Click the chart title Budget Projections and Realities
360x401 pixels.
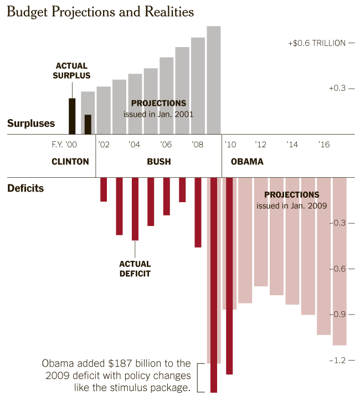pyautogui.click(x=100, y=12)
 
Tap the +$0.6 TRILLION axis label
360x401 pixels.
pyautogui.click(x=316, y=43)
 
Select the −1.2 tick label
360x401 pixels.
pyautogui.click(x=337, y=360)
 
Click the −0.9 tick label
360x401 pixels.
pyautogui.click(x=337, y=315)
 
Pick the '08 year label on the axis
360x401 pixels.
pyautogui.click(x=198, y=145)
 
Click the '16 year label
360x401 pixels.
pyautogui.click(x=324, y=145)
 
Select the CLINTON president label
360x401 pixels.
pyautogui.click(x=70, y=162)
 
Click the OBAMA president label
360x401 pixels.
pyautogui.click(x=243, y=162)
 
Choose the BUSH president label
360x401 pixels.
pyautogui.click(x=158, y=162)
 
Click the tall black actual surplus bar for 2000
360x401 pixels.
pyautogui.click(x=72, y=116)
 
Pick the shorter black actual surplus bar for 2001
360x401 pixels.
pyautogui.click(x=88, y=125)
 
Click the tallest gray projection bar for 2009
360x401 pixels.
pyautogui.click(x=214, y=80)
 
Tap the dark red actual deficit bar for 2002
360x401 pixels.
pyautogui.click(x=104, y=189)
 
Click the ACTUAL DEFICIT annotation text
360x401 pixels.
pyautogui.click(x=135, y=269)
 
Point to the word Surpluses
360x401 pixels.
pyautogui.click(x=31, y=124)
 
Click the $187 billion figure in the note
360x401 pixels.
pyautogui.click(x=126, y=364)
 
